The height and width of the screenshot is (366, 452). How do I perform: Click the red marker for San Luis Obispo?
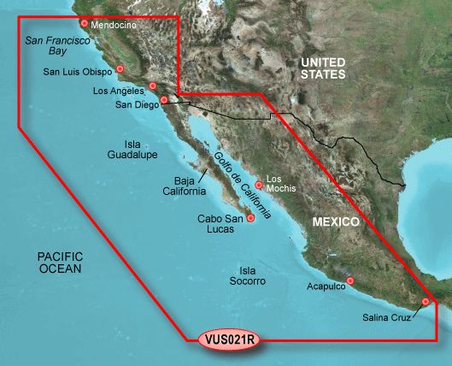pos(120,69)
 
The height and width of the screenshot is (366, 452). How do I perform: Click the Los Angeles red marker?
pos(153,86)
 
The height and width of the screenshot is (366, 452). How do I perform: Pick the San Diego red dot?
pos(164,100)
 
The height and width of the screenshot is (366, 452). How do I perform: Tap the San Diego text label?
pos(136,105)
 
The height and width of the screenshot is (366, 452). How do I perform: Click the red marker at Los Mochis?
pos(259,183)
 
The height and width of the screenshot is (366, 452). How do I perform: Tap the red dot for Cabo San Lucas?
pos(250,218)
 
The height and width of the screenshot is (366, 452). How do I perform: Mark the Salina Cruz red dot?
pos(426,300)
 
